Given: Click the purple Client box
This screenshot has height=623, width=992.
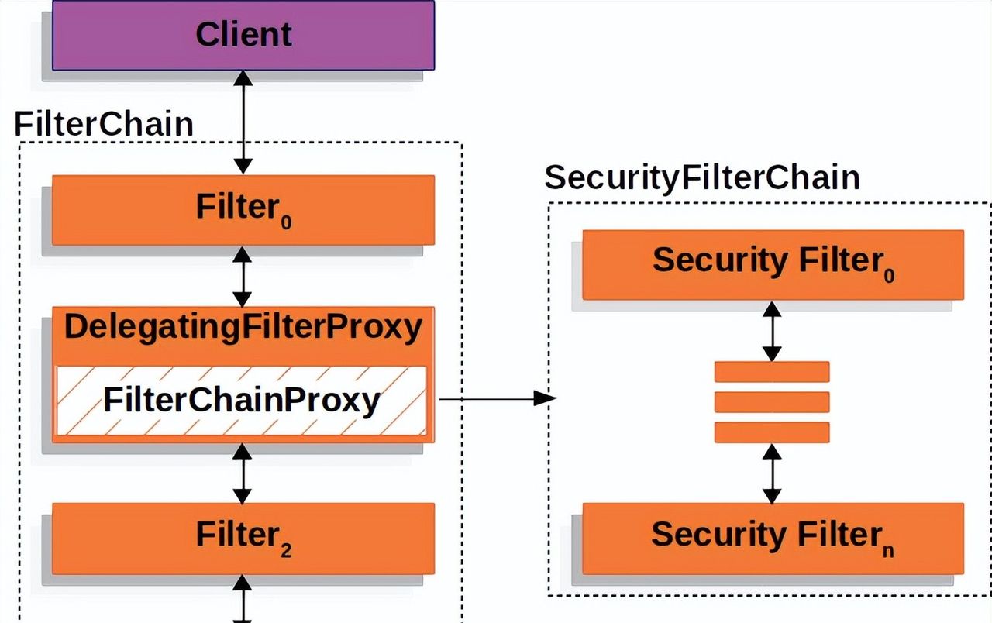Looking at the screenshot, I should (243, 35).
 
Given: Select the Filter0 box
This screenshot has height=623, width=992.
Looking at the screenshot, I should (243, 209).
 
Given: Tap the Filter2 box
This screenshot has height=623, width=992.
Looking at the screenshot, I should (243, 537).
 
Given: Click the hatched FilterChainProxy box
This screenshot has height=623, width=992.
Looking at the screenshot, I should (241, 400).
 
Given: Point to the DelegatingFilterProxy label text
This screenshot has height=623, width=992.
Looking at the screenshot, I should (243, 327).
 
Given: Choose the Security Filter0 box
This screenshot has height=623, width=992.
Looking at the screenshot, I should (773, 264).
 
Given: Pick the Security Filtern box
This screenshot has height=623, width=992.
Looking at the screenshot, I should (773, 538).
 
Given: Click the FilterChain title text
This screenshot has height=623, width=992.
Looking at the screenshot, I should (104, 124).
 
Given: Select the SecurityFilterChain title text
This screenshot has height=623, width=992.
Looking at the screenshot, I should (702, 177).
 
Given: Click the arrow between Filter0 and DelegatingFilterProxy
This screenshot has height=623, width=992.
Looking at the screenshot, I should (243, 277).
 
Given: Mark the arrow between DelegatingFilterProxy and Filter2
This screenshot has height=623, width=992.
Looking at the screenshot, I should (243, 473).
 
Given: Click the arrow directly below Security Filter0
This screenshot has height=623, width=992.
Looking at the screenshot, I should (772, 331).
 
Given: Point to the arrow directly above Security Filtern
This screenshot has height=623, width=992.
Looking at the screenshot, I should (772, 473).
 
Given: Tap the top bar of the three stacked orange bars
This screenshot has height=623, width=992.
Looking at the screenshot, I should (772, 372).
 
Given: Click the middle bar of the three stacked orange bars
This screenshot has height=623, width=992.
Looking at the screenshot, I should (772, 401).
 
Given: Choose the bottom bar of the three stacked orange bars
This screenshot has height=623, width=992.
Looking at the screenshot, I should (772, 432).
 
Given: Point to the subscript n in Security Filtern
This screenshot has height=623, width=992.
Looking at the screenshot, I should (887, 550).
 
